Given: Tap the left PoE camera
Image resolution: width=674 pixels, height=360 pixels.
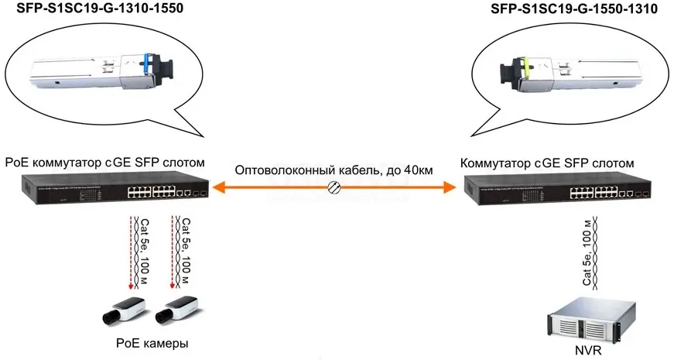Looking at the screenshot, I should (x=123, y=309).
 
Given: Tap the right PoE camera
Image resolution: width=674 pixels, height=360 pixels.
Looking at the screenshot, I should (x=174, y=309).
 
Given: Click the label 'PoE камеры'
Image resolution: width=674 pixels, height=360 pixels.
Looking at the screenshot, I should (x=152, y=342).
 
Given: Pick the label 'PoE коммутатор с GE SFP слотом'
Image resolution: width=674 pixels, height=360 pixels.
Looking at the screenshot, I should (x=105, y=163).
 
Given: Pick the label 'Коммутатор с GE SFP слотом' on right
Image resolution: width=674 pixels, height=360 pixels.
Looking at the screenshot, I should (x=547, y=163).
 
